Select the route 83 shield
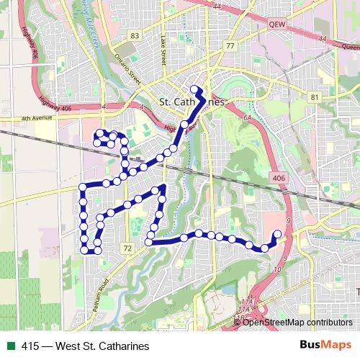click(x=134, y=35)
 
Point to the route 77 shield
click(x=230, y=45)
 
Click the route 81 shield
click(x=314, y=96)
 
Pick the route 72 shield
click(x=127, y=248)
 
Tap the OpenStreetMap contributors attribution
click(x=297, y=322)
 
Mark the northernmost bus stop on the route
click(x=194, y=89)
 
